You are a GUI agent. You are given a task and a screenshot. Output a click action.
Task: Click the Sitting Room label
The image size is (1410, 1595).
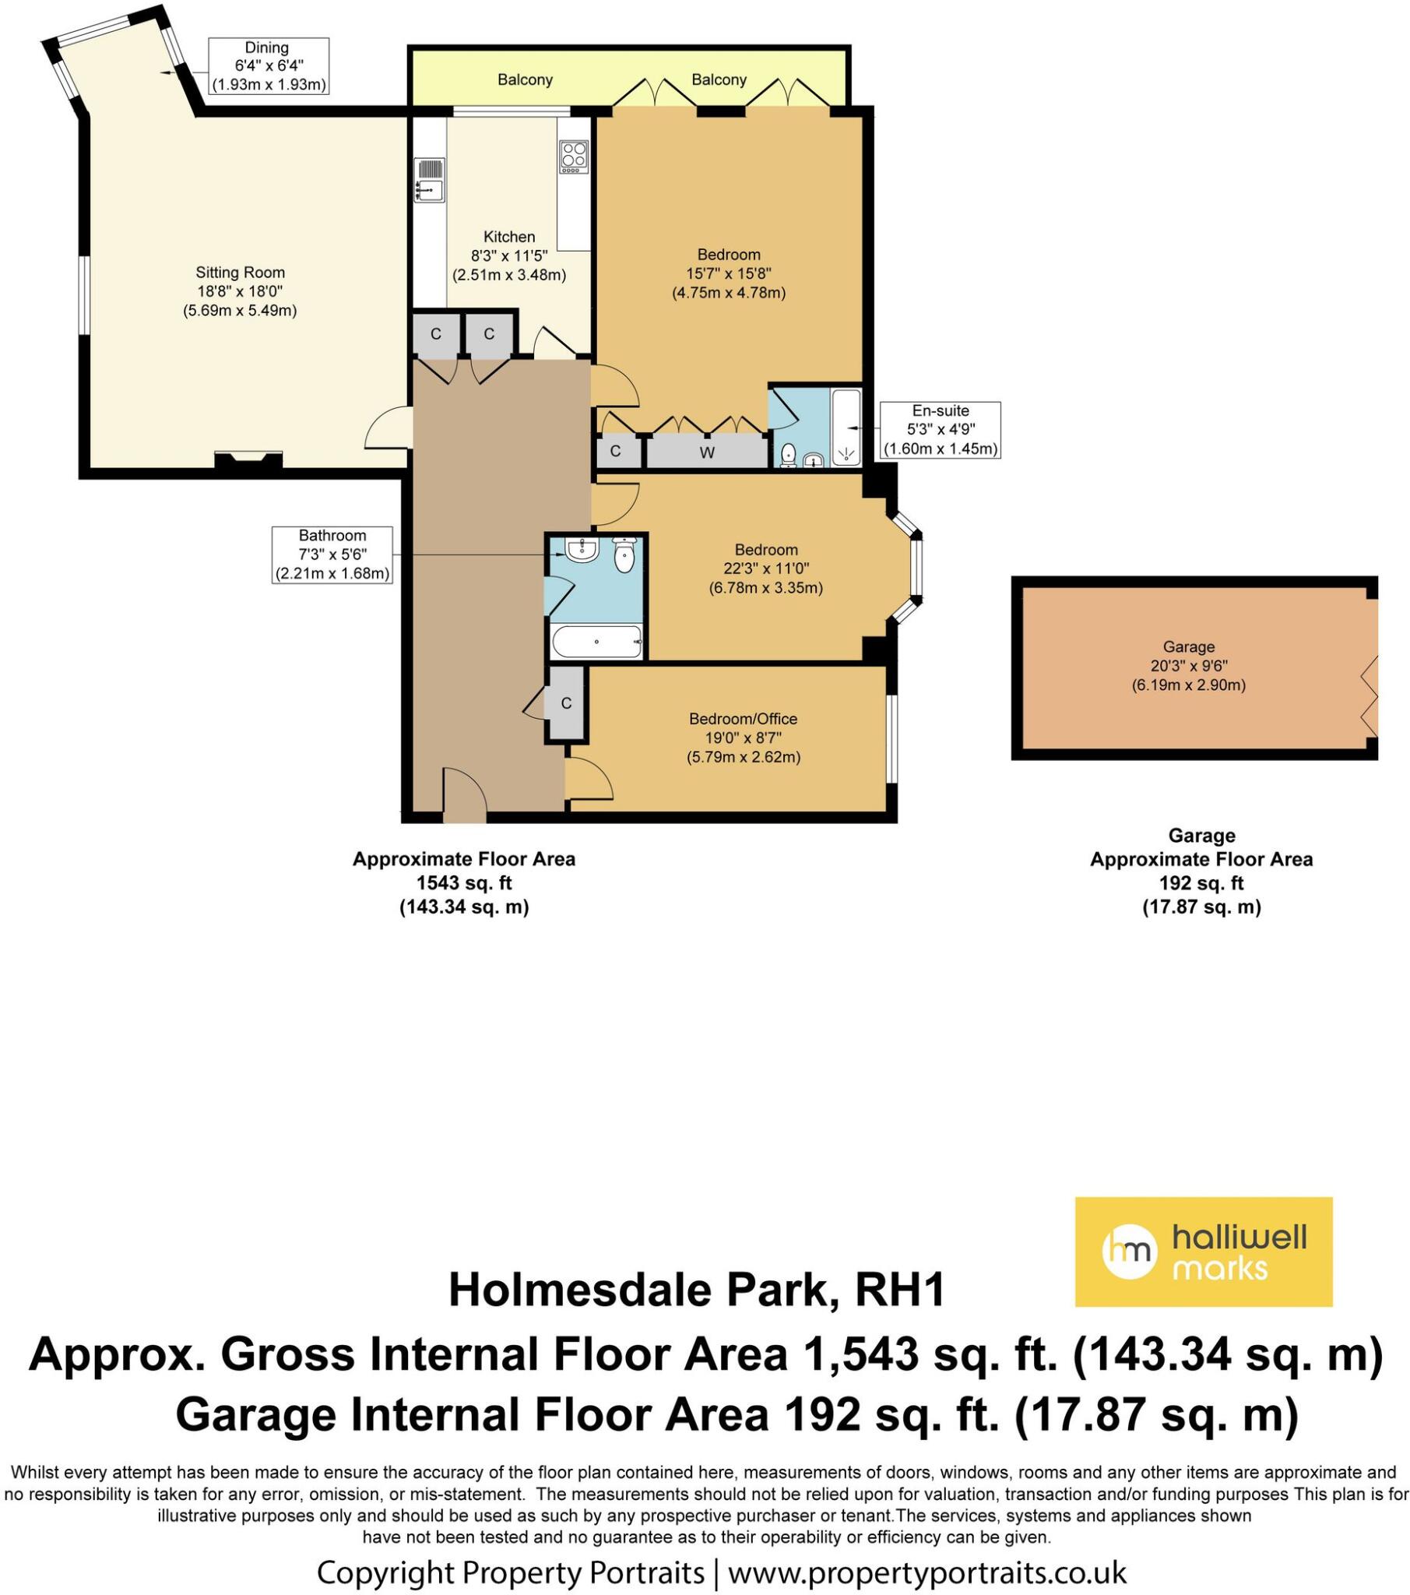pyautogui.click(x=240, y=273)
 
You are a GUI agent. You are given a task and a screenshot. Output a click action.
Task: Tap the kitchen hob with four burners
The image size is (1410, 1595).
pyautogui.click(x=573, y=157)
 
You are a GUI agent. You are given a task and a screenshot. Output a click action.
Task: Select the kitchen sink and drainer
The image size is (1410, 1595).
pyautogui.click(x=428, y=179)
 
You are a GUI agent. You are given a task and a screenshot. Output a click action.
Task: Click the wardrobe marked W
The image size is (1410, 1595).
pyautogui.click(x=706, y=452)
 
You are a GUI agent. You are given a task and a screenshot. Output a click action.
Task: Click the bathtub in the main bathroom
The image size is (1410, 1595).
pyautogui.click(x=596, y=641)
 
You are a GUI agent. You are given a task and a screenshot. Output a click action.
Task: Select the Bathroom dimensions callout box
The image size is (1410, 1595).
pyautogui.click(x=332, y=555)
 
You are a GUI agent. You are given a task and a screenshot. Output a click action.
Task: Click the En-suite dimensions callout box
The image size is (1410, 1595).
pyautogui.click(x=940, y=430)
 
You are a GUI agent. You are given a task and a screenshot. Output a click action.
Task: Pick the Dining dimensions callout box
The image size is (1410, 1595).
pyautogui.click(x=268, y=66)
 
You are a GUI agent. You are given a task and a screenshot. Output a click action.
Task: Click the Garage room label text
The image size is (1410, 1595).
pyautogui.click(x=1187, y=646)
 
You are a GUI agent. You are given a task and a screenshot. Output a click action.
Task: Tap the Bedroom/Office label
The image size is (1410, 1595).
pyautogui.click(x=742, y=719)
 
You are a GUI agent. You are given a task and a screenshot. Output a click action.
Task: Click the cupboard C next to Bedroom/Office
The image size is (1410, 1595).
pyautogui.click(x=566, y=703)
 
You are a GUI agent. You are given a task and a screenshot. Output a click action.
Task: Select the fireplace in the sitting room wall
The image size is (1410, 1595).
pyautogui.click(x=248, y=459)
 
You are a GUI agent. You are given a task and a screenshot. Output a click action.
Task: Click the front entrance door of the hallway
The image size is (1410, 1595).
pyautogui.click(x=464, y=796)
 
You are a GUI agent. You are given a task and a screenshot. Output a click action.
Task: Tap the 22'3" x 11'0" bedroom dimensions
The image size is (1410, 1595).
pyautogui.click(x=765, y=569)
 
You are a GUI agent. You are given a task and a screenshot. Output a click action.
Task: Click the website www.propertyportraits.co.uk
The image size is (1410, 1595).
pyautogui.click(x=927, y=1571)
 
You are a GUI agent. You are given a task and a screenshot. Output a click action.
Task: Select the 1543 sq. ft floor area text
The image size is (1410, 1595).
pyautogui.click(x=463, y=882)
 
